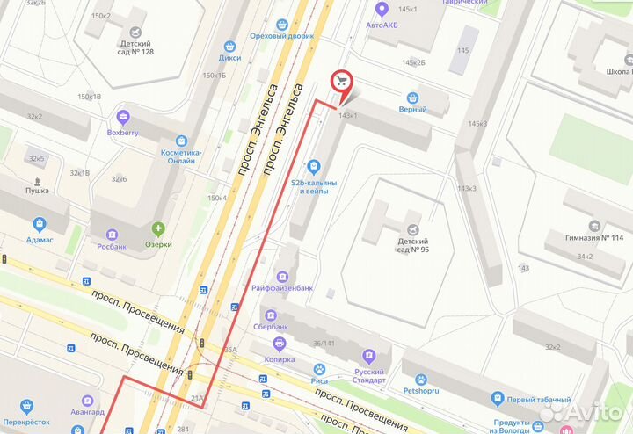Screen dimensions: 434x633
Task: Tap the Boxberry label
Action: coord(122,133)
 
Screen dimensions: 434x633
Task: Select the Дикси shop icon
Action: coord(229,46)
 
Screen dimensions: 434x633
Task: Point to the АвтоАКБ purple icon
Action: coord(382,10)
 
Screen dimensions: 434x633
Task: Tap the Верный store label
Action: coord(412,109)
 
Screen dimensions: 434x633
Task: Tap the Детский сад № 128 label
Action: coord(135,48)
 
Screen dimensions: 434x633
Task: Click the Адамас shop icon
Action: coord(39,223)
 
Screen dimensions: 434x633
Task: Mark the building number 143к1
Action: coord(348,116)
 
